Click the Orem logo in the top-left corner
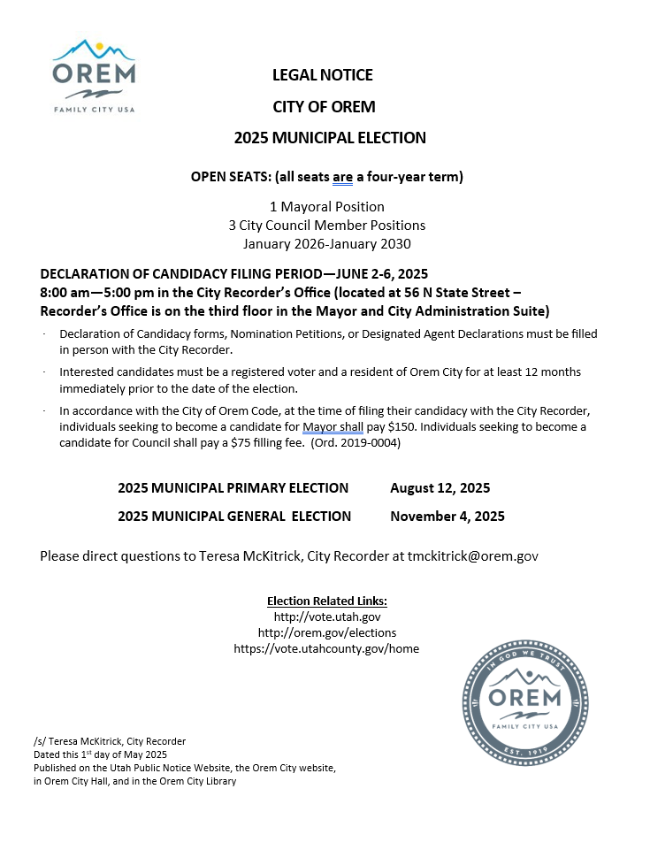94,76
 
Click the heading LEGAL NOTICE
323,75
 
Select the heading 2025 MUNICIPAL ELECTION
330,138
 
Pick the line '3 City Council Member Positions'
326,226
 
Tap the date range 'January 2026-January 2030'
326,243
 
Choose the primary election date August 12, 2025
440,488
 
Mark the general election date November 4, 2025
447,517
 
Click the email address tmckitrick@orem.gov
472,556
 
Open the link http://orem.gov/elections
326,632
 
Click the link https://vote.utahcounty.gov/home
326,648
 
